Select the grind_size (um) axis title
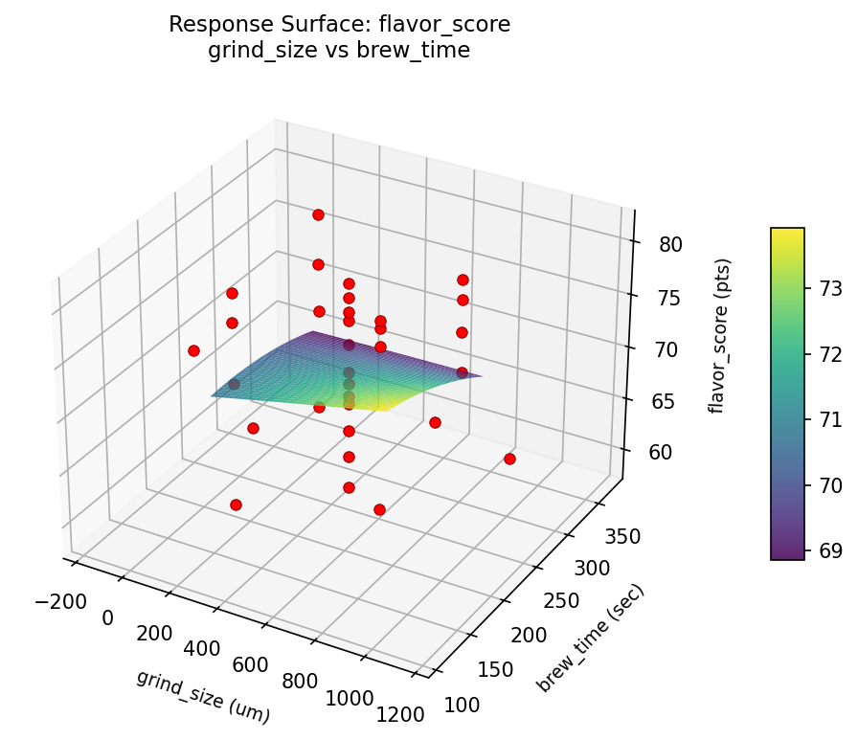[x=203, y=696]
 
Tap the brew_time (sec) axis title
[x=590, y=638]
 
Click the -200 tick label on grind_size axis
[x=61, y=602]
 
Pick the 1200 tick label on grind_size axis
[x=401, y=713]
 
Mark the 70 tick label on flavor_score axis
[x=664, y=349]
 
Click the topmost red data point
[x=318, y=214]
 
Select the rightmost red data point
[x=509, y=459]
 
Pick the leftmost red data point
[x=193, y=350]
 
